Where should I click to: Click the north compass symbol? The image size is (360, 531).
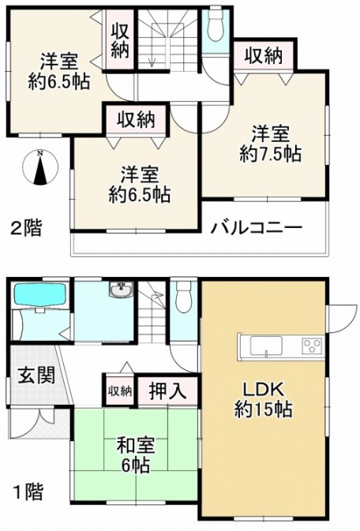pyautogui.click(x=40, y=167)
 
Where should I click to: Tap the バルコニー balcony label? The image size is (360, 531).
pyautogui.click(x=257, y=228)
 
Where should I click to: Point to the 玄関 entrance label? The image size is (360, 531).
pyautogui.click(x=36, y=376)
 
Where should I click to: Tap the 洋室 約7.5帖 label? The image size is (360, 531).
pyautogui.click(x=270, y=144)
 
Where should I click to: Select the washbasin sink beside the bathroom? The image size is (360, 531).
pyautogui.click(x=122, y=290)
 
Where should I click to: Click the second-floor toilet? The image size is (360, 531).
pyautogui.click(x=215, y=25)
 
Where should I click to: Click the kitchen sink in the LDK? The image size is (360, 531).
pyautogui.click(x=266, y=346)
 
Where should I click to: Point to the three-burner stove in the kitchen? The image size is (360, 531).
pyautogui.click(x=312, y=346)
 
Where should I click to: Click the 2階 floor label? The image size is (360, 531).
pyautogui.click(x=26, y=228)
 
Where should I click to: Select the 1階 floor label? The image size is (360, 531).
pyautogui.click(x=28, y=492)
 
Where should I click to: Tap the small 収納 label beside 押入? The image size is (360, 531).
pyautogui.click(x=120, y=392)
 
